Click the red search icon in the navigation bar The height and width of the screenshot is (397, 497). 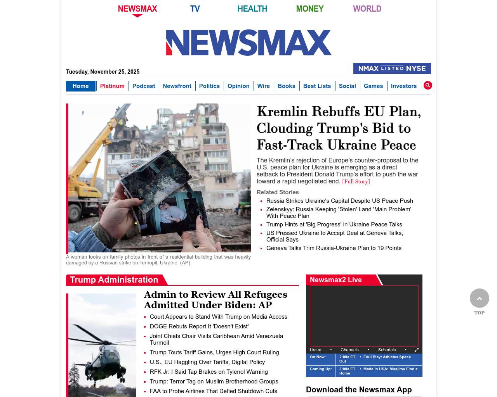pyautogui.click(x=427, y=85)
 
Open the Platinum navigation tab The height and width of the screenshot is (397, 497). pyautogui.click(x=112, y=86)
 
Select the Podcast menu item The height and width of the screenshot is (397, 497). pyautogui.click(x=144, y=86)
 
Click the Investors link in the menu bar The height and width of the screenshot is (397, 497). pyautogui.click(x=403, y=86)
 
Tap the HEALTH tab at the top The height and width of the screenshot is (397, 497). pyautogui.click(x=252, y=9)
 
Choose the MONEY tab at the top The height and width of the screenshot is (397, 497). pyautogui.click(x=309, y=9)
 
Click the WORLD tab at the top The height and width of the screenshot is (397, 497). pyautogui.click(x=367, y=9)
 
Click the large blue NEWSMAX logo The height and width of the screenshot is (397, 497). pyautogui.click(x=248, y=43)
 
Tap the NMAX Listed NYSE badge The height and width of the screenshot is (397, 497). pyautogui.click(x=392, y=68)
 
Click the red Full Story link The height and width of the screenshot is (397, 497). pyautogui.click(x=356, y=181)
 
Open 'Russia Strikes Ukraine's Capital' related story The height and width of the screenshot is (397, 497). pyautogui.click(x=339, y=201)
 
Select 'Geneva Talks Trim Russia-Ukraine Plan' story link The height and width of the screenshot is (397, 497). pyautogui.click(x=334, y=248)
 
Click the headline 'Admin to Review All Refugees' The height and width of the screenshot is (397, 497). pyautogui.click(x=215, y=300)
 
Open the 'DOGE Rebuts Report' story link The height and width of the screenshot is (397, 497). pyautogui.click(x=199, y=326)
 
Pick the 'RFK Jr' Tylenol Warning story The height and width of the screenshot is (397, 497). pyautogui.click(x=209, y=372)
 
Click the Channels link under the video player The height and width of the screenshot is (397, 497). pyautogui.click(x=349, y=350)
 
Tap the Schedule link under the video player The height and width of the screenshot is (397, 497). pyautogui.click(x=387, y=350)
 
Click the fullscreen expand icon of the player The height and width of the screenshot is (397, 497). pyautogui.click(x=417, y=350)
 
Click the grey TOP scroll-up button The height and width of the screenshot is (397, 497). pyautogui.click(x=479, y=298)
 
